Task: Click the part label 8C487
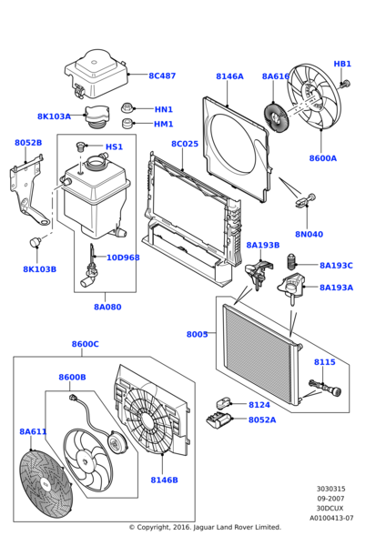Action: coord(162,76)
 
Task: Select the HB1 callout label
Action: coord(342,65)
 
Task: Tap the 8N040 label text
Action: coord(309,234)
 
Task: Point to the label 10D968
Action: coord(123,258)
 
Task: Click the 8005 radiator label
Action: coord(198,334)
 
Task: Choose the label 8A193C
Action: coord(336,266)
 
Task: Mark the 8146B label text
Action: coord(164,480)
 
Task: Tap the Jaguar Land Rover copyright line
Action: coord(205,527)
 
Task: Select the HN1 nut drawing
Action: coord(129,106)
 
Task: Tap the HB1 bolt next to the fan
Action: coord(346,85)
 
